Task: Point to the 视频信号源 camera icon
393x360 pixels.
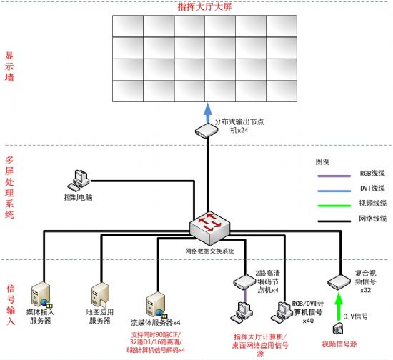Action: click(340, 329)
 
